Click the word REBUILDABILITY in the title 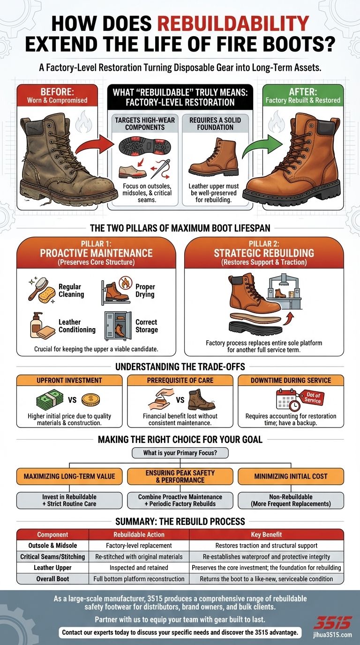pos(232,23)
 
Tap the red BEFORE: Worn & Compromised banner pos(58,96)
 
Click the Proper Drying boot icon pos(116,291)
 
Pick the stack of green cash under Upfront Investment pos(50,400)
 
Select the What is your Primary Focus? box pos(180,453)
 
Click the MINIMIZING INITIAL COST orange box pos(291,476)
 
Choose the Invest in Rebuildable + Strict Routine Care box pos(69,500)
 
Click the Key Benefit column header pos(266,534)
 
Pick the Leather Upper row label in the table pos(52,568)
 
